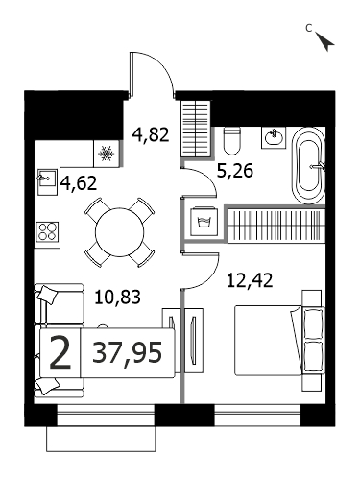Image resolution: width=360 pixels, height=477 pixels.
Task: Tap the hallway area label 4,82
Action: tap(151, 134)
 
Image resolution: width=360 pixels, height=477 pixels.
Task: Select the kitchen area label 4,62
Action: tap(79, 183)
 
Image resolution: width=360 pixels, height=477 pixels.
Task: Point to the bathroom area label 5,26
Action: tap(235, 171)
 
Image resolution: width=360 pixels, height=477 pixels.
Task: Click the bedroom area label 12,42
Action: tap(250, 280)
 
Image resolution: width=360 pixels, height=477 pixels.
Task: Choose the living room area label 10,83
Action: tap(118, 297)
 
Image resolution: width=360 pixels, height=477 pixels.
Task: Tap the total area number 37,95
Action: tap(127, 352)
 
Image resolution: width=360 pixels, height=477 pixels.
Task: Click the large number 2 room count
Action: tap(60, 353)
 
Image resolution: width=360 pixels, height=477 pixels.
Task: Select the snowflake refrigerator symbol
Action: tap(106, 154)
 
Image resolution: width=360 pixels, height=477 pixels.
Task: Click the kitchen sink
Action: tap(47, 181)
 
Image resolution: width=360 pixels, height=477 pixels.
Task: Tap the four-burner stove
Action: tap(47, 231)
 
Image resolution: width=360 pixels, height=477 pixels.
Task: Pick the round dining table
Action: tap(120, 232)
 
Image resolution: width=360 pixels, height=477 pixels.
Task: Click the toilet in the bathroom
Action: tap(231, 140)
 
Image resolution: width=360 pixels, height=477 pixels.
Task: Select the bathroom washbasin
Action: tap(274, 137)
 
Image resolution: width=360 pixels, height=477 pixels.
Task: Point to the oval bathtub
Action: tap(308, 166)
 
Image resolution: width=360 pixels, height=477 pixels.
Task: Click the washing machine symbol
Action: tap(204, 222)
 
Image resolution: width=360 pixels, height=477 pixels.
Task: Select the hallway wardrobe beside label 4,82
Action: tap(196, 129)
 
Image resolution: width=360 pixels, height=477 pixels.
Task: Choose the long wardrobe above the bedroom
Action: tap(276, 225)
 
